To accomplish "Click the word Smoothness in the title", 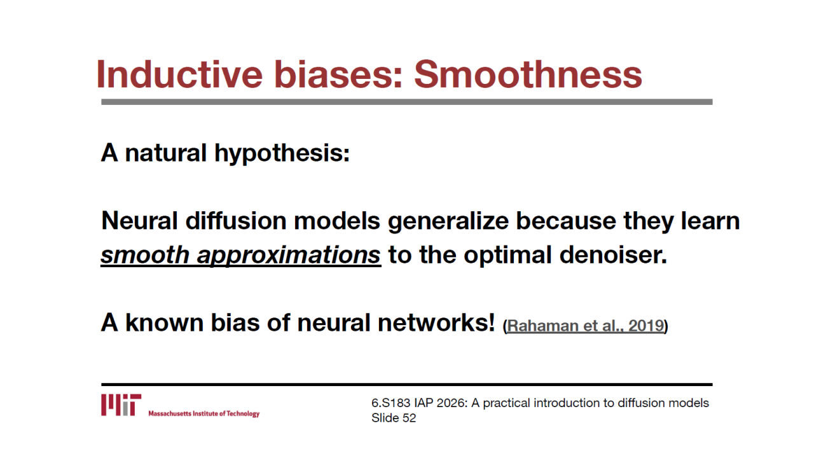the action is point(528,74).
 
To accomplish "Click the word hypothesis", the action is point(282,154).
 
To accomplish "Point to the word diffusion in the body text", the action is point(236,221).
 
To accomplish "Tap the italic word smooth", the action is point(145,254).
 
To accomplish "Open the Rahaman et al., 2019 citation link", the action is point(586,326).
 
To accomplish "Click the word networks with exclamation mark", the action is point(436,323).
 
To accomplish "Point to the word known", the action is point(164,323).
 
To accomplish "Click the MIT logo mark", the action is point(121,405).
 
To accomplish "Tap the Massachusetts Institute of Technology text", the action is point(204,413).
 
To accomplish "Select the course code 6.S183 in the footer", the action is point(390,403).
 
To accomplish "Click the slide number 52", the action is point(409,418).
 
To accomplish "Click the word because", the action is point(566,221).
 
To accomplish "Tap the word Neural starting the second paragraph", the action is point(139,221).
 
